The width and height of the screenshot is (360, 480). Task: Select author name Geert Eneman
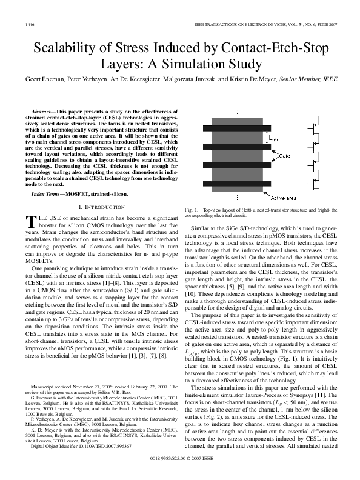click(x=42, y=79)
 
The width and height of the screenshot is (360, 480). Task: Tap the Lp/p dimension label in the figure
click(x=274, y=139)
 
